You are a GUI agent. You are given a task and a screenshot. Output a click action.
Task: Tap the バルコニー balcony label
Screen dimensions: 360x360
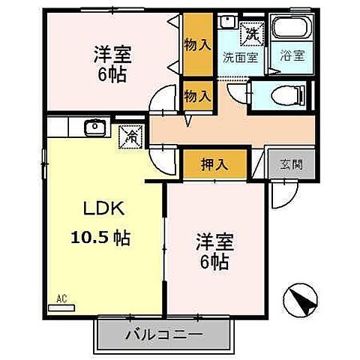(x=163, y=332)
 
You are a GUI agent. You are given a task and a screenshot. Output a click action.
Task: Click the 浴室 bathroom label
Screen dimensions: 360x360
(x=289, y=55)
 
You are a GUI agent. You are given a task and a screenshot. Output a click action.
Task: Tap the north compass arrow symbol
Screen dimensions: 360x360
(x=304, y=301)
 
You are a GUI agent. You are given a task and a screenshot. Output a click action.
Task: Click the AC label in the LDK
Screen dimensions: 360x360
(x=61, y=298)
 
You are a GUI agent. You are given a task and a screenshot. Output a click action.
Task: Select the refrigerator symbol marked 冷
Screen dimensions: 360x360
(x=130, y=136)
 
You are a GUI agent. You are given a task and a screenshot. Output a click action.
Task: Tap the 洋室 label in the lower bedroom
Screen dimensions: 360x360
(x=214, y=244)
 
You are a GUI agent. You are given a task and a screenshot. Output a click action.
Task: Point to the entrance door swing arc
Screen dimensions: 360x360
(x=280, y=196)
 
